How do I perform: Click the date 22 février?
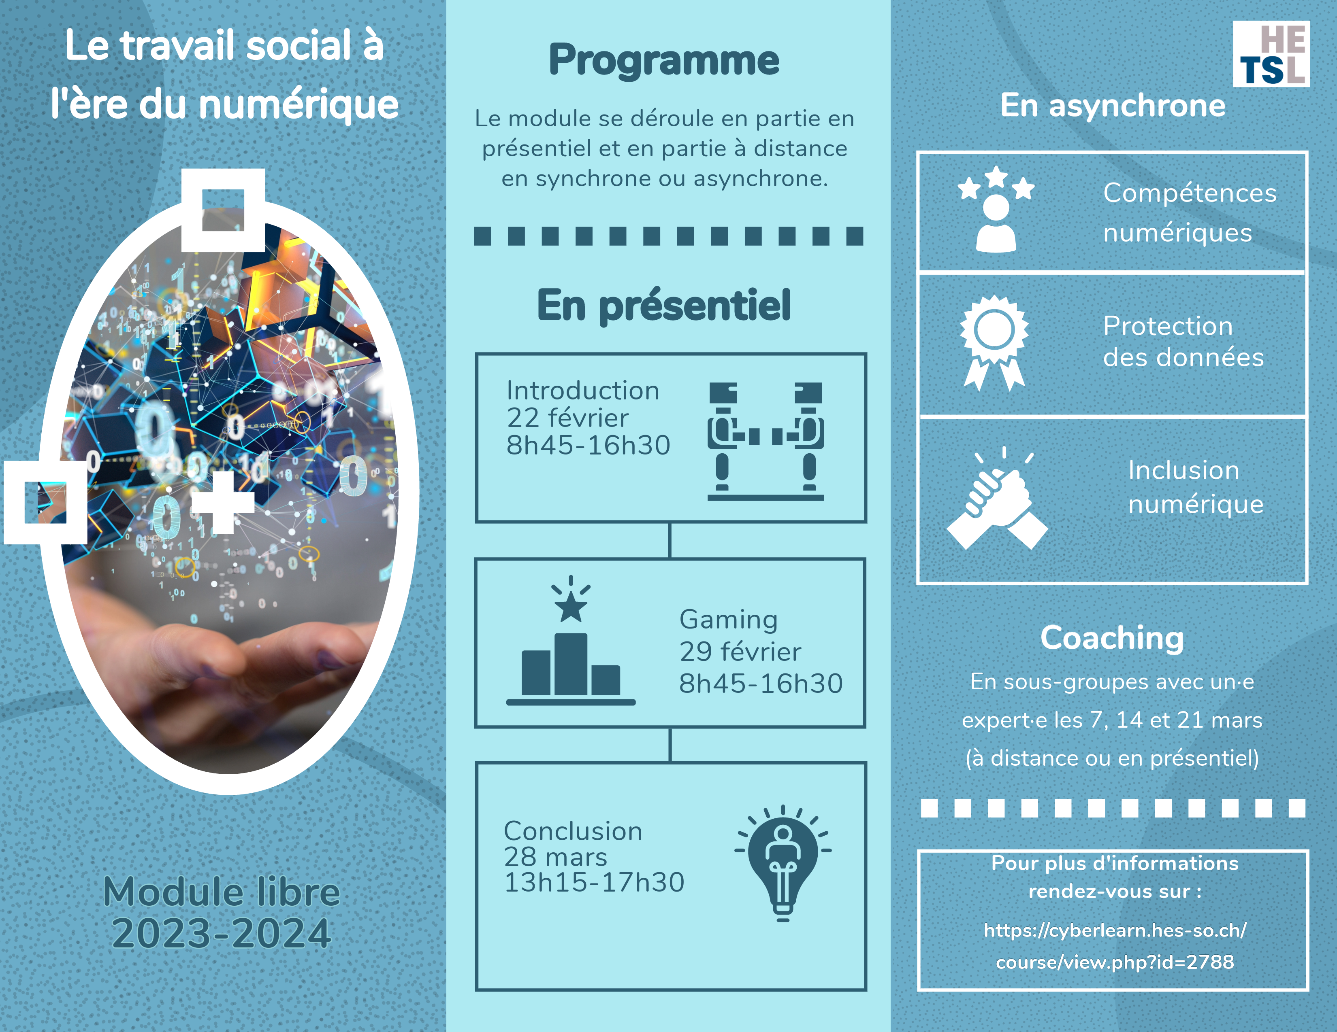[x=567, y=418]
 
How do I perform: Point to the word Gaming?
[x=729, y=620]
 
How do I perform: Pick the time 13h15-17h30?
[x=594, y=882]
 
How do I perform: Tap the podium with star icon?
[x=571, y=641]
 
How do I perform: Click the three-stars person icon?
[x=996, y=209]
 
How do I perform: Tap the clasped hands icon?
[x=997, y=499]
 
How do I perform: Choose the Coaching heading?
[x=1112, y=639]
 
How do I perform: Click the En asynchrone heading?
[x=1113, y=105]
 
